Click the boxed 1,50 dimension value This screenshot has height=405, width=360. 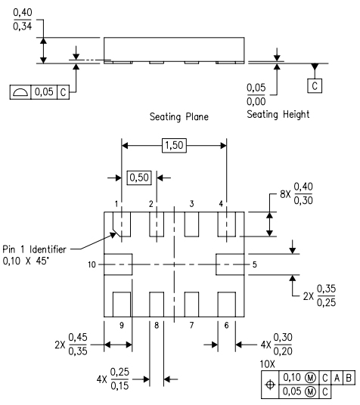(x=175, y=146)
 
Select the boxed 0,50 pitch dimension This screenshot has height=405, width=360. (x=138, y=178)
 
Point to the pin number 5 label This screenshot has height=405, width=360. (x=255, y=264)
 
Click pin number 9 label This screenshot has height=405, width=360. (x=121, y=324)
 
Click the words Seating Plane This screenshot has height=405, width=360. (x=179, y=116)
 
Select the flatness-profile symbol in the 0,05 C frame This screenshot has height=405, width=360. (x=20, y=91)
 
